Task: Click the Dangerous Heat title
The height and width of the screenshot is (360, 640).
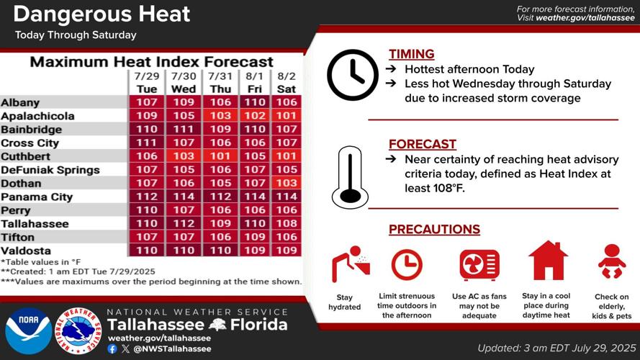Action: click(x=102, y=14)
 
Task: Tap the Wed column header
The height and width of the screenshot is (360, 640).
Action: click(x=184, y=89)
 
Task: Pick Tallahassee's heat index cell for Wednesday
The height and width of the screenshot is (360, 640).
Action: click(x=184, y=224)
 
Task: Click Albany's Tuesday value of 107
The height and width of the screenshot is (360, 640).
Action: click(x=146, y=103)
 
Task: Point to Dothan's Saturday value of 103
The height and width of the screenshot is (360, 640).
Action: click(x=286, y=184)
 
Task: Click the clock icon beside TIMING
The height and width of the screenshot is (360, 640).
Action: click(x=352, y=75)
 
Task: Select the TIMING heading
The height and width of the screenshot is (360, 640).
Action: click(x=411, y=54)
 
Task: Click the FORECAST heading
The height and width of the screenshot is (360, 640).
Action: click(x=423, y=144)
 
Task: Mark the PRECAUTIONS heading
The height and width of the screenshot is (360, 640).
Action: click(x=434, y=230)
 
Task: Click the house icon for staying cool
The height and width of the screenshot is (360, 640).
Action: click(x=548, y=261)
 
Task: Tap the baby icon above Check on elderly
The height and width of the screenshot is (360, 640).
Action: click(x=612, y=262)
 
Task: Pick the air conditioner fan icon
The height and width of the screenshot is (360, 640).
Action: click(x=479, y=264)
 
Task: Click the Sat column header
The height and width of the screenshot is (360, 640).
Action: click(x=286, y=89)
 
